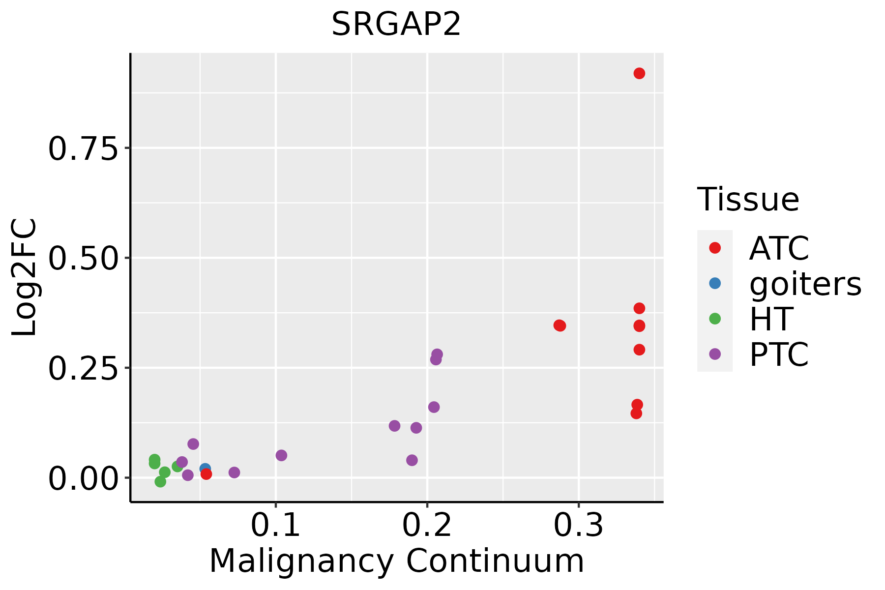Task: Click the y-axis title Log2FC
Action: (25, 277)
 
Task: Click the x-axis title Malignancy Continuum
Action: (396, 561)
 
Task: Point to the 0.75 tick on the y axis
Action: (84, 148)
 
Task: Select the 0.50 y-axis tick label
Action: (84, 258)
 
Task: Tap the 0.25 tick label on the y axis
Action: (84, 368)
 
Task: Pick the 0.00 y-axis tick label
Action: (84, 478)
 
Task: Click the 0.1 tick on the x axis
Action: (275, 526)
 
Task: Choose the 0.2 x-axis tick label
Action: (427, 526)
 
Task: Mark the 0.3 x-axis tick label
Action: (578, 526)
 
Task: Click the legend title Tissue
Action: (748, 200)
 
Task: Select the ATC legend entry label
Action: (779, 248)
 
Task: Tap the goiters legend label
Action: (805, 284)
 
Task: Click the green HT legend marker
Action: (715, 319)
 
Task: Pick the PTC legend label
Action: (779, 354)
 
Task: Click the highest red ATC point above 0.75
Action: (639, 73)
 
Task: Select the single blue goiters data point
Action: (205, 469)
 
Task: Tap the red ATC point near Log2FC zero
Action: (206, 474)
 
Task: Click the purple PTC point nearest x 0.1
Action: (281, 455)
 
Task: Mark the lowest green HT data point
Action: (160, 481)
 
